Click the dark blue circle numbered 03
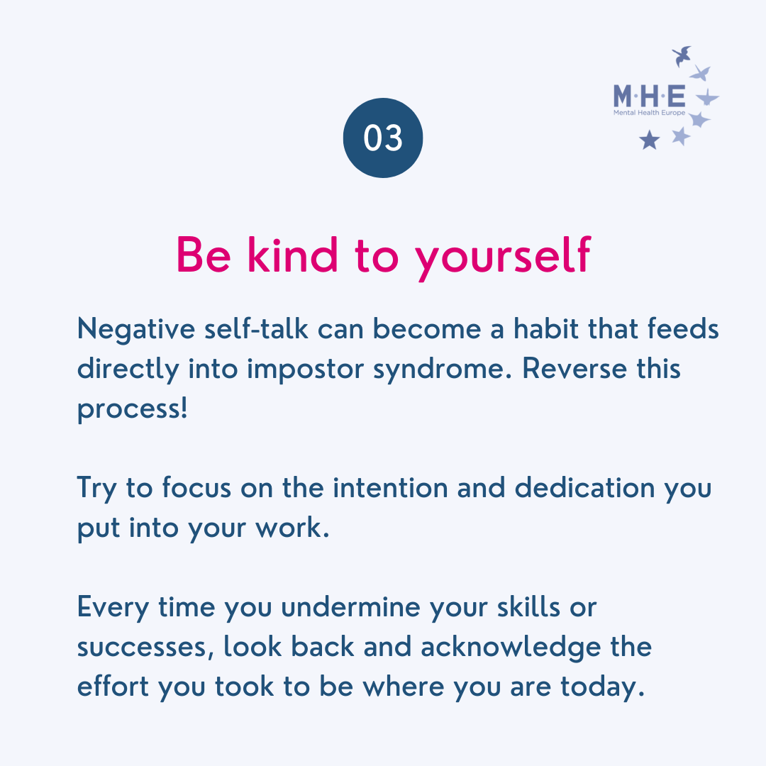tap(383, 138)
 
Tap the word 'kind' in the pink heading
tap(293, 254)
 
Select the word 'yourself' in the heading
tap(503, 258)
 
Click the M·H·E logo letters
tap(649, 96)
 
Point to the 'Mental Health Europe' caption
tap(649, 113)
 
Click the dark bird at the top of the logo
tap(682, 56)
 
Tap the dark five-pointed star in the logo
tap(650, 140)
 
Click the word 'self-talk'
tap(257, 328)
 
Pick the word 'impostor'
tap(305, 370)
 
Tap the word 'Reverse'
tap(574, 368)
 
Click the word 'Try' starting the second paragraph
tap(97, 489)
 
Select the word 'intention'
tap(390, 487)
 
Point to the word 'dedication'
tap(584, 487)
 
